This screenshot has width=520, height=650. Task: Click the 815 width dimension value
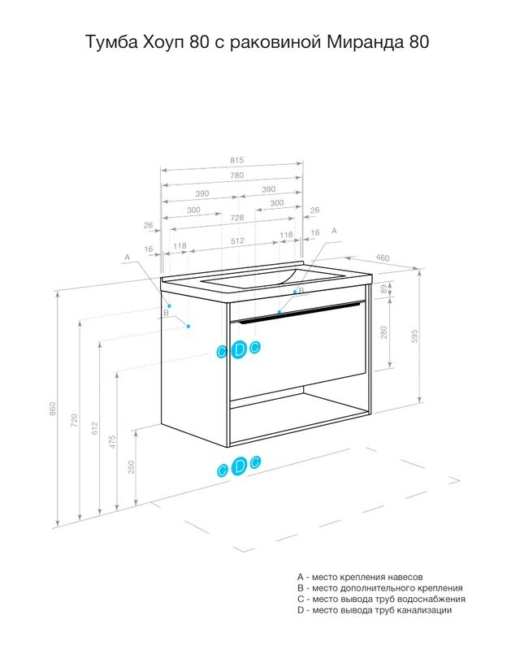(236, 160)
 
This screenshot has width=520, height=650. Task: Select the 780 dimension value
(236, 175)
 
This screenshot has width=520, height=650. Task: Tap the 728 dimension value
(236, 218)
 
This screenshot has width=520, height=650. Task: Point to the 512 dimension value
(237, 240)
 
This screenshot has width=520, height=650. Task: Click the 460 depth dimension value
(383, 258)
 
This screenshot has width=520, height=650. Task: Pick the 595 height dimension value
(414, 336)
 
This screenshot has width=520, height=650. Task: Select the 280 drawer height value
(384, 332)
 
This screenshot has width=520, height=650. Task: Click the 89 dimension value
(384, 288)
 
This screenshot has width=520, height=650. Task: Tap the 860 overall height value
(53, 409)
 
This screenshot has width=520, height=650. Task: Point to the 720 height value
(74, 420)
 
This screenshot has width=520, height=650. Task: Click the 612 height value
(95, 428)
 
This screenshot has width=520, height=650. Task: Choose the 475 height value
(112, 442)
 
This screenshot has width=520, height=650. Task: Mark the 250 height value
(132, 467)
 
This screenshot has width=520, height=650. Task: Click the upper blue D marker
(239, 349)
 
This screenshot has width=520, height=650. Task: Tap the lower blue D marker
(239, 466)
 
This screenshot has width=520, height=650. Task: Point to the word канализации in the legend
(424, 610)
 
